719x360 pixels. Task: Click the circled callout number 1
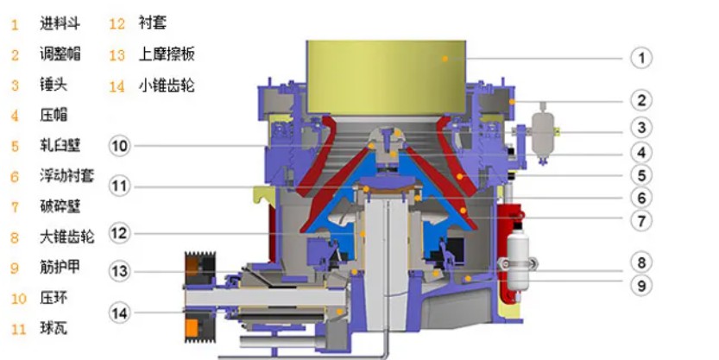(641, 58)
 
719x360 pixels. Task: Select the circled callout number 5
(641, 175)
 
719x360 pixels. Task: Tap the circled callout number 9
(641, 285)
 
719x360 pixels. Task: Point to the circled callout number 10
(119, 146)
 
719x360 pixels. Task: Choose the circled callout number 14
(119, 313)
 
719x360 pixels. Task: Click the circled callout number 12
(119, 233)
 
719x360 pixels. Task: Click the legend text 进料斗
(60, 23)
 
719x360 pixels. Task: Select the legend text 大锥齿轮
(67, 237)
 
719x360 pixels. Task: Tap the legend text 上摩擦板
(167, 54)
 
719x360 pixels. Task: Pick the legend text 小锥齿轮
(167, 85)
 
